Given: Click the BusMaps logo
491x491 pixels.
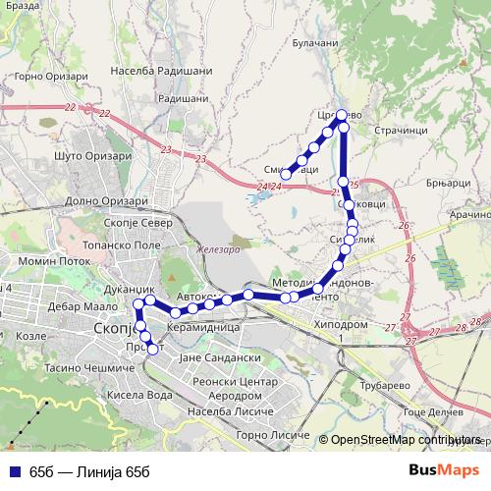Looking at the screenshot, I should point(444,469).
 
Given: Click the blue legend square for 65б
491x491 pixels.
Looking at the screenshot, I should point(13,471).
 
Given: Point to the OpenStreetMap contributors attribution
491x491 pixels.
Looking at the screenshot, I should point(402,440).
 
